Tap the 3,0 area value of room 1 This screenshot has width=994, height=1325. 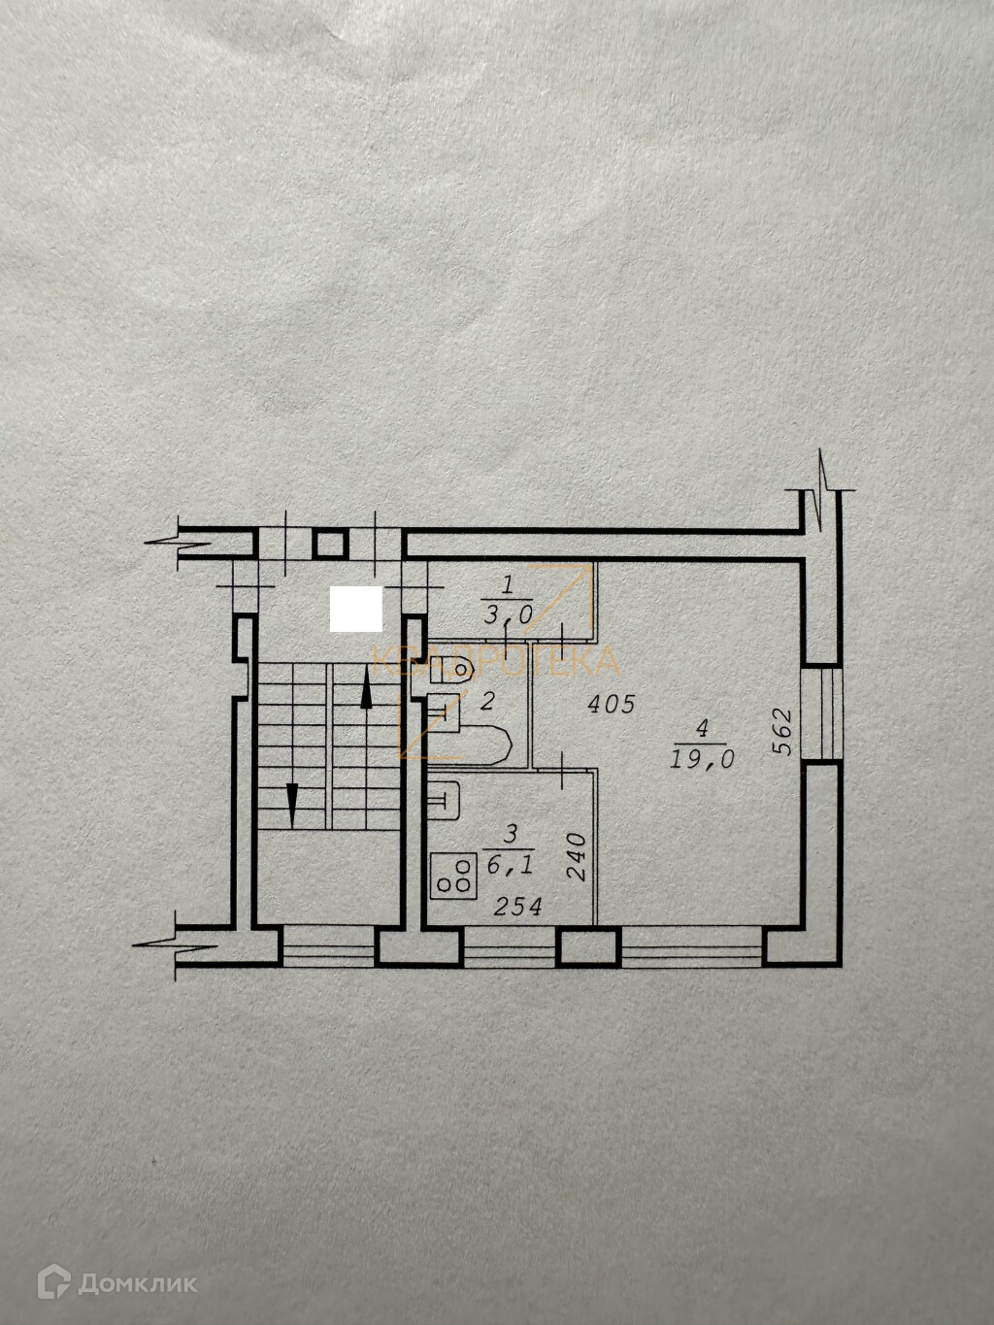click(x=507, y=613)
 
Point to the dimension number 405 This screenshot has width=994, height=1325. click(x=612, y=704)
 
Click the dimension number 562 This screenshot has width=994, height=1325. click(x=782, y=732)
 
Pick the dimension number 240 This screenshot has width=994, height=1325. click(x=576, y=857)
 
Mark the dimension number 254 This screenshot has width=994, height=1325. click(x=518, y=907)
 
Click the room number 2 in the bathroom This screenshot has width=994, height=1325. click(x=487, y=700)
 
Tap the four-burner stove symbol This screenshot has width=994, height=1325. click(x=454, y=875)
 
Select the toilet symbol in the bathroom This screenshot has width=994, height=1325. click(x=452, y=669)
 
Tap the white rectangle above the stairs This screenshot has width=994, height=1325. click(x=356, y=609)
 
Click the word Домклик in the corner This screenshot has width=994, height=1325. click(x=137, y=1283)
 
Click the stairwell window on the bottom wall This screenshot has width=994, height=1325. click(x=327, y=947)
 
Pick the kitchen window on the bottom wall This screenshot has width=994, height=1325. click(x=509, y=947)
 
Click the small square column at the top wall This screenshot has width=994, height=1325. click(x=331, y=544)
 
